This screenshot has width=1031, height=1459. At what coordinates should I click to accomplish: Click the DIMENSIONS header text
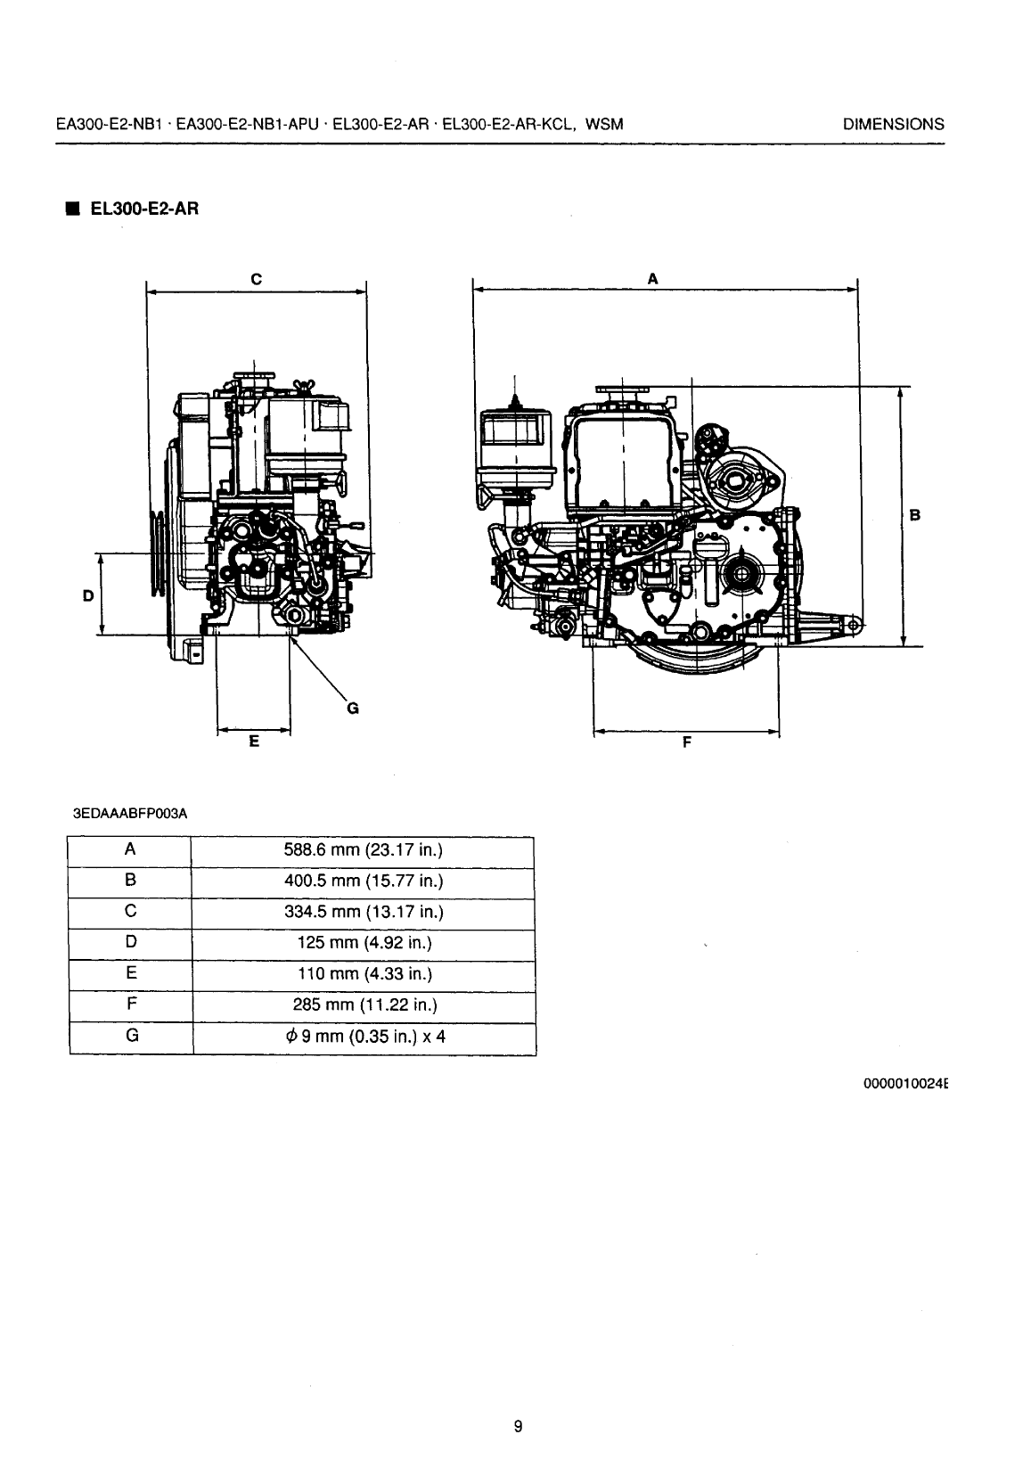[x=893, y=125]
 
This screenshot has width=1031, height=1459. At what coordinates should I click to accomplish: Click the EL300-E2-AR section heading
[x=143, y=209]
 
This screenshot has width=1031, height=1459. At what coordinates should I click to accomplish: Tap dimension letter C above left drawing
[x=256, y=279]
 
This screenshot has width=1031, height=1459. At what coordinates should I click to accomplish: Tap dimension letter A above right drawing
[x=652, y=279]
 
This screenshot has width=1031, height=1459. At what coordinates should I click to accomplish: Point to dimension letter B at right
[x=915, y=514]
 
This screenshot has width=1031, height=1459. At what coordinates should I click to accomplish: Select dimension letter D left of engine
[x=87, y=595]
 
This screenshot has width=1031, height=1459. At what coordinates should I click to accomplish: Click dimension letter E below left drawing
[x=254, y=741]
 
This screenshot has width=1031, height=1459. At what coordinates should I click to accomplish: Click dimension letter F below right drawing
[x=686, y=742]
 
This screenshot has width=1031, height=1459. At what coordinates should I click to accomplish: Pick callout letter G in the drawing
[x=352, y=709]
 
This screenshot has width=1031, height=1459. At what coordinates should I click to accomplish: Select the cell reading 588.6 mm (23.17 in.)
[x=363, y=850]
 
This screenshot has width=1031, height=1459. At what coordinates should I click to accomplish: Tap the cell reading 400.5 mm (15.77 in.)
[x=363, y=881]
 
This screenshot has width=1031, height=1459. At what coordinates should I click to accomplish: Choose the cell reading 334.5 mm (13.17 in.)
[x=363, y=912]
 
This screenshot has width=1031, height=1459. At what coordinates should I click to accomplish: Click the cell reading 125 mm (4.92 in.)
[x=363, y=943]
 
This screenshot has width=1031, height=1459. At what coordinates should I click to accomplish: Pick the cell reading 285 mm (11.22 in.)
[x=363, y=1005]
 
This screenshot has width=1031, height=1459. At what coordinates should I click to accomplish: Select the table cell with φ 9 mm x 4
[x=363, y=1037]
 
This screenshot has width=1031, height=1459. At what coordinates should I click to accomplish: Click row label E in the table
[x=130, y=973]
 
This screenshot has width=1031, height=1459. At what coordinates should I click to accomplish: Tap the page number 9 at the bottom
[x=518, y=1426]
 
